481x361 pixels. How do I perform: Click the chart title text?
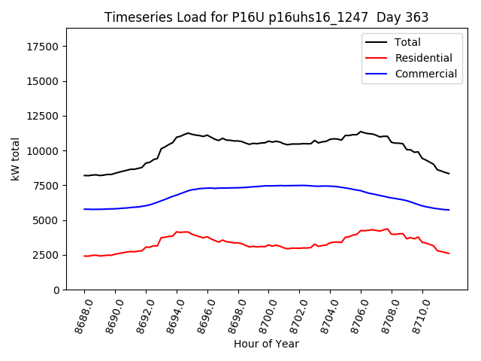266,17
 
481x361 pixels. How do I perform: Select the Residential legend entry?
423,58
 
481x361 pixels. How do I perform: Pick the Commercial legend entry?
425,74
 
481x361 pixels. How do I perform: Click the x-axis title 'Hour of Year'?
266,344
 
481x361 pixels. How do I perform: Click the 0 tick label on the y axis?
56,290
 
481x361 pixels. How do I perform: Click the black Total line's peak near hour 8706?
361,132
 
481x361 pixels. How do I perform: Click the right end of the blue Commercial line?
449,210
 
